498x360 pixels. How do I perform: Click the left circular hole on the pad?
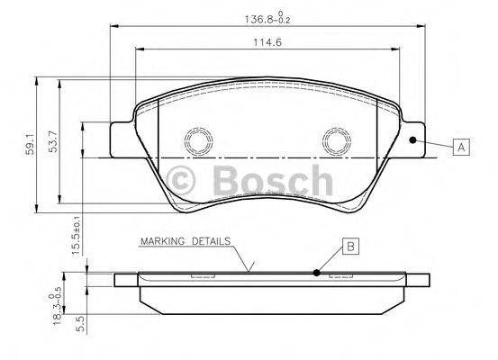196,140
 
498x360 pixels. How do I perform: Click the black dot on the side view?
316,273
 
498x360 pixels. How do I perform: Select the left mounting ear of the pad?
122,140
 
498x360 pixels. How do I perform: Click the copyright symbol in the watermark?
183,180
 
